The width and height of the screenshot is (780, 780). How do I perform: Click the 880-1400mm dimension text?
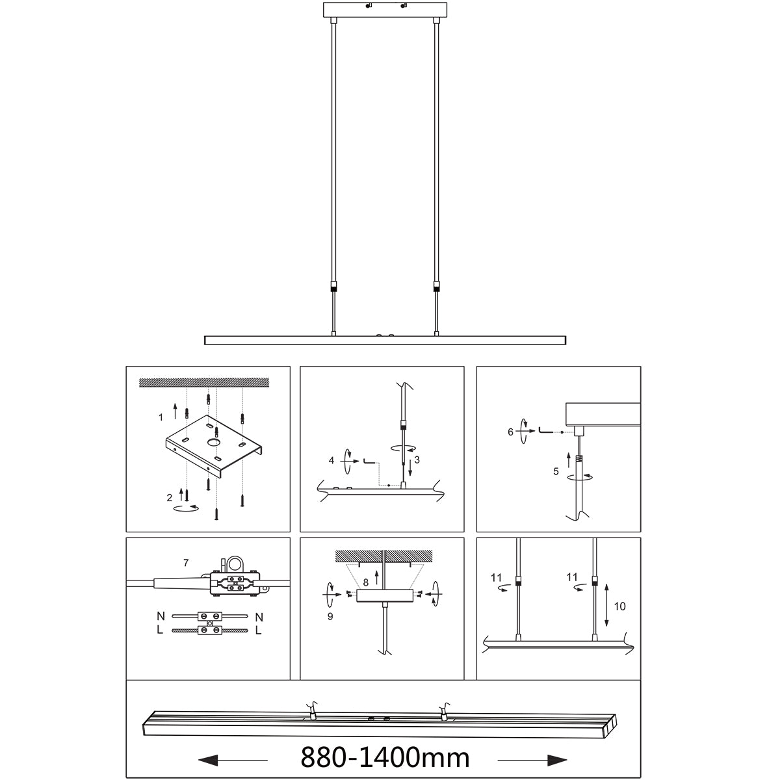(385, 757)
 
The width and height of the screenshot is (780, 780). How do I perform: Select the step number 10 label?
(619, 606)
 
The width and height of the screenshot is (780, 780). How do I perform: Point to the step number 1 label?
(161, 417)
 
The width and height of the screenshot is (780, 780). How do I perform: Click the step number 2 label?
(170, 498)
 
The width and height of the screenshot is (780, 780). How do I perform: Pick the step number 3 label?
(417, 460)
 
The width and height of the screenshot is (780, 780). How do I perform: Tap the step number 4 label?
(331, 460)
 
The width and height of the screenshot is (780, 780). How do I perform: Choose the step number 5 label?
(556, 472)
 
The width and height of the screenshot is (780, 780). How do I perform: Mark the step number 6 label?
(510, 431)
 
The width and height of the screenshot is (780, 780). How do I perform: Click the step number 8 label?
(366, 582)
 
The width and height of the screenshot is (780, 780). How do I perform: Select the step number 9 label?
(330, 616)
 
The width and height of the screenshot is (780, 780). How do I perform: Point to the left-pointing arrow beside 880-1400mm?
(231, 759)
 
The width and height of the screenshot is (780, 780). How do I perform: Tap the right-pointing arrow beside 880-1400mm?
(533, 759)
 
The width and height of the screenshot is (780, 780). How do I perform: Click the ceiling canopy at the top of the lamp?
(386, 11)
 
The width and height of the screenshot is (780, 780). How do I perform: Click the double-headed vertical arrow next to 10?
(606, 605)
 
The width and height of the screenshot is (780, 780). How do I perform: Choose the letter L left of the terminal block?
(160, 630)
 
